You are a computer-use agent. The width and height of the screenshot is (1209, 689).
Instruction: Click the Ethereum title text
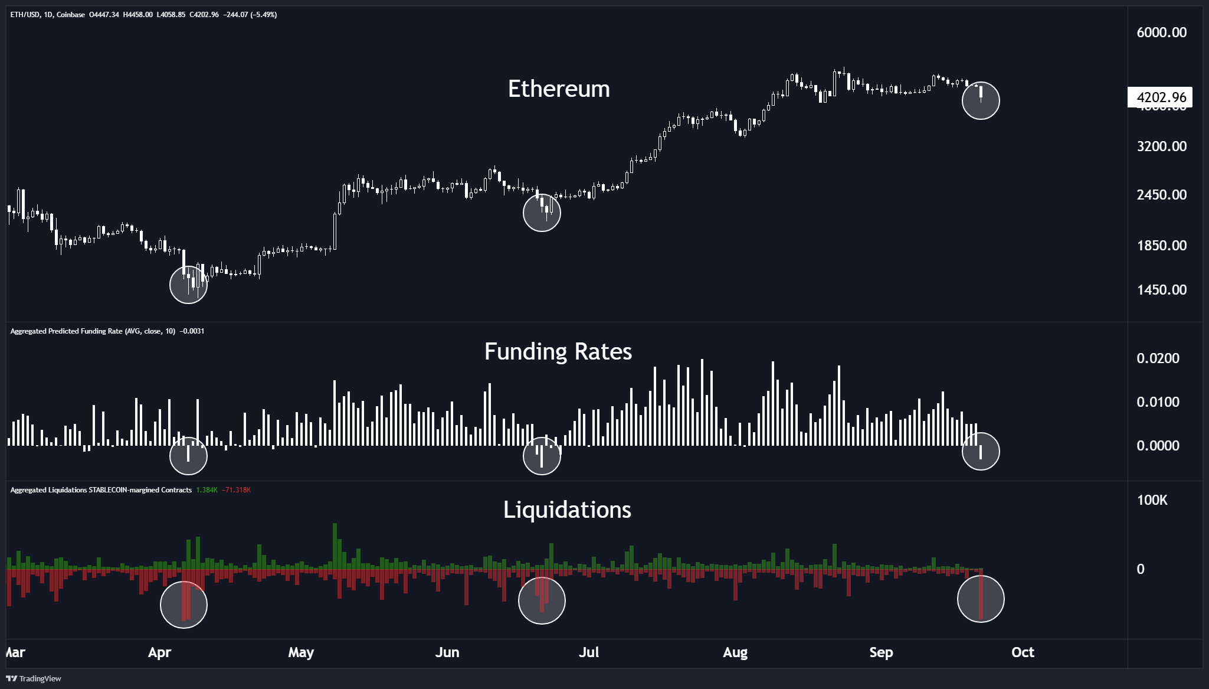point(559,89)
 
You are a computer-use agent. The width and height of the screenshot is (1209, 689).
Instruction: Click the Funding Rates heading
point(558,351)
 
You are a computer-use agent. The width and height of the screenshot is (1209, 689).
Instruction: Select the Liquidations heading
point(567,510)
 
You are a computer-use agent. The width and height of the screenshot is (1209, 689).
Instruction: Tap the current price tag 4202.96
point(1161,97)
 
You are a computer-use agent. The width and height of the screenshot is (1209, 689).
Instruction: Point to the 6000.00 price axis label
point(1161,32)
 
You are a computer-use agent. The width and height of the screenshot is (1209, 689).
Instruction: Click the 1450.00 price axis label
point(1161,289)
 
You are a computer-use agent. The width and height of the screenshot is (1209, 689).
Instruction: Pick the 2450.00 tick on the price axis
point(1161,195)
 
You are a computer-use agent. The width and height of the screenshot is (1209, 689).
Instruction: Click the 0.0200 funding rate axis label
point(1158,358)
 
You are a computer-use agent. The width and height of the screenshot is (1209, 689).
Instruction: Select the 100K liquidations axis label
point(1152,500)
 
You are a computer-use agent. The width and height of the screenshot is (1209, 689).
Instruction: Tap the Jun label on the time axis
point(447,652)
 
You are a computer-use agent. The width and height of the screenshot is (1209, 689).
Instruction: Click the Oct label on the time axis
point(1023,652)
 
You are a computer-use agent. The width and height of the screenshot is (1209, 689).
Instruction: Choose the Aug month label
point(735,652)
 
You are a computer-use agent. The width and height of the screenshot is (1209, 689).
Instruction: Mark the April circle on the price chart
point(188,285)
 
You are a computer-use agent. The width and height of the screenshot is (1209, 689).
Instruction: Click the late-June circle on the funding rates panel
point(542,456)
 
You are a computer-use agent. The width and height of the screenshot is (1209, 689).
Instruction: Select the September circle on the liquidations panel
point(981,599)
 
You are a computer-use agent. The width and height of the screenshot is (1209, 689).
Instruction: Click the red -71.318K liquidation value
point(236,490)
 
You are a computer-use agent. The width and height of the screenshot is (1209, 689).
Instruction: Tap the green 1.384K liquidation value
point(207,490)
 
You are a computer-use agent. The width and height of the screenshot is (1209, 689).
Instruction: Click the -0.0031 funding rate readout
point(192,331)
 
